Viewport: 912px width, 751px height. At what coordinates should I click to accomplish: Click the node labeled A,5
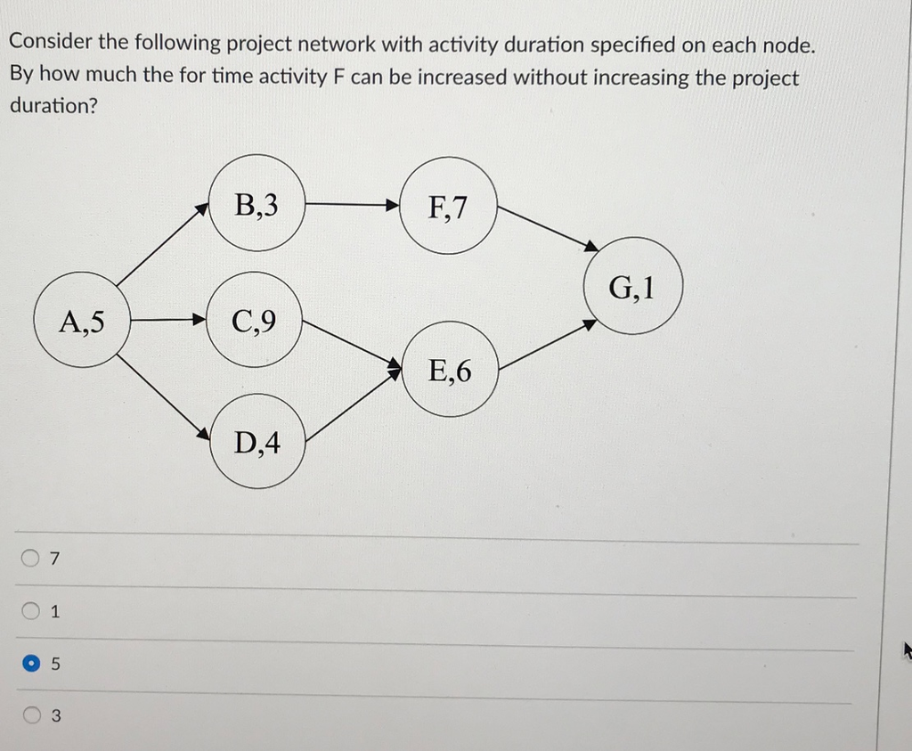[x=82, y=320]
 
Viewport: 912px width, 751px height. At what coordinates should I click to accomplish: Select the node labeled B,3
[x=256, y=204]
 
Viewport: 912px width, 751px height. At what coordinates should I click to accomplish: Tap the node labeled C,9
[x=255, y=319]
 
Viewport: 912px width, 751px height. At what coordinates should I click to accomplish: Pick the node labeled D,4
[x=258, y=441]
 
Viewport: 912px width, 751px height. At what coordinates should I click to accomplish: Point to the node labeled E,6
[x=451, y=369]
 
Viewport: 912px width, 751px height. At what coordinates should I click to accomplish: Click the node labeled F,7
[x=448, y=207]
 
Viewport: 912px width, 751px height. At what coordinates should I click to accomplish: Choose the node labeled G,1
[x=633, y=286]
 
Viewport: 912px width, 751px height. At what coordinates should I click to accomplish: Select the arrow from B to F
[x=352, y=205]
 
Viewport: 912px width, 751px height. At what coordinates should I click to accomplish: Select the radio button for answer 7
[x=31, y=559]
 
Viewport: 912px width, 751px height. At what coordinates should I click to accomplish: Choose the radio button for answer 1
[x=31, y=611]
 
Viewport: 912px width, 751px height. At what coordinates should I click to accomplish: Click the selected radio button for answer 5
[x=31, y=664]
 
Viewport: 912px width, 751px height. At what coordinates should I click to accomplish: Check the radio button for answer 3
[x=31, y=714]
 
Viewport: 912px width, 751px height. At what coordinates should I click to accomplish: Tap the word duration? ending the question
[x=53, y=105]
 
